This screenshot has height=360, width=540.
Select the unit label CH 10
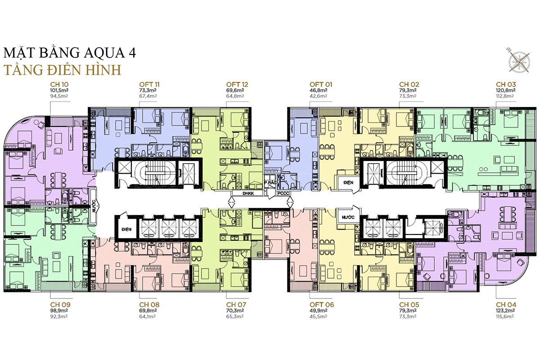[59, 84]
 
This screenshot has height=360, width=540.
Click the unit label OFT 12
[237, 84]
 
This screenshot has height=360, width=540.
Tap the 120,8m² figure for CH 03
[506, 90]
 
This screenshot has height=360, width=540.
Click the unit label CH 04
[506, 305]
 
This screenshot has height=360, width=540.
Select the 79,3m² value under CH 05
[409, 310]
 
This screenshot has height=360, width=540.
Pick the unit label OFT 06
[321, 305]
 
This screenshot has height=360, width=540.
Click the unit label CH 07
[236, 305]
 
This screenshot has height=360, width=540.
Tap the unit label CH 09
[59, 305]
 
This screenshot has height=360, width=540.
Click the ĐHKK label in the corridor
[248, 193]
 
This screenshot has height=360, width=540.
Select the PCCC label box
[283, 193]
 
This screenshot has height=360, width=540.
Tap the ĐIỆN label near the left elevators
[126, 229]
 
